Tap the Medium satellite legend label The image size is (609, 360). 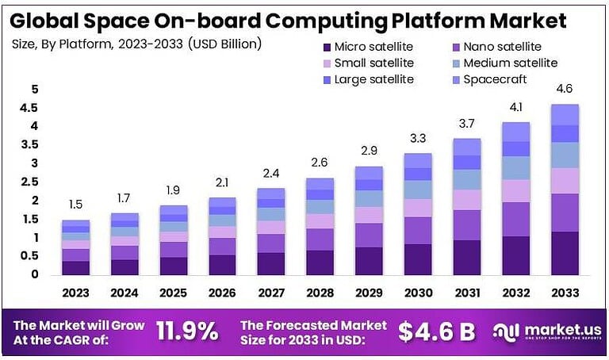pyautogui.click(x=511, y=63)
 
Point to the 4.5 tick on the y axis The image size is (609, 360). pyautogui.click(x=29, y=107)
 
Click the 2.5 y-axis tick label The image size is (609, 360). pyautogui.click(x=29, y=182)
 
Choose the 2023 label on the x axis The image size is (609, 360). pyautogui.click(x=76, y=293)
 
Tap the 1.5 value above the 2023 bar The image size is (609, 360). pyautogui.click(x=76, y=205)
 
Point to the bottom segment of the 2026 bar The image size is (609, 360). pyautogui.click(x=222, y=265)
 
